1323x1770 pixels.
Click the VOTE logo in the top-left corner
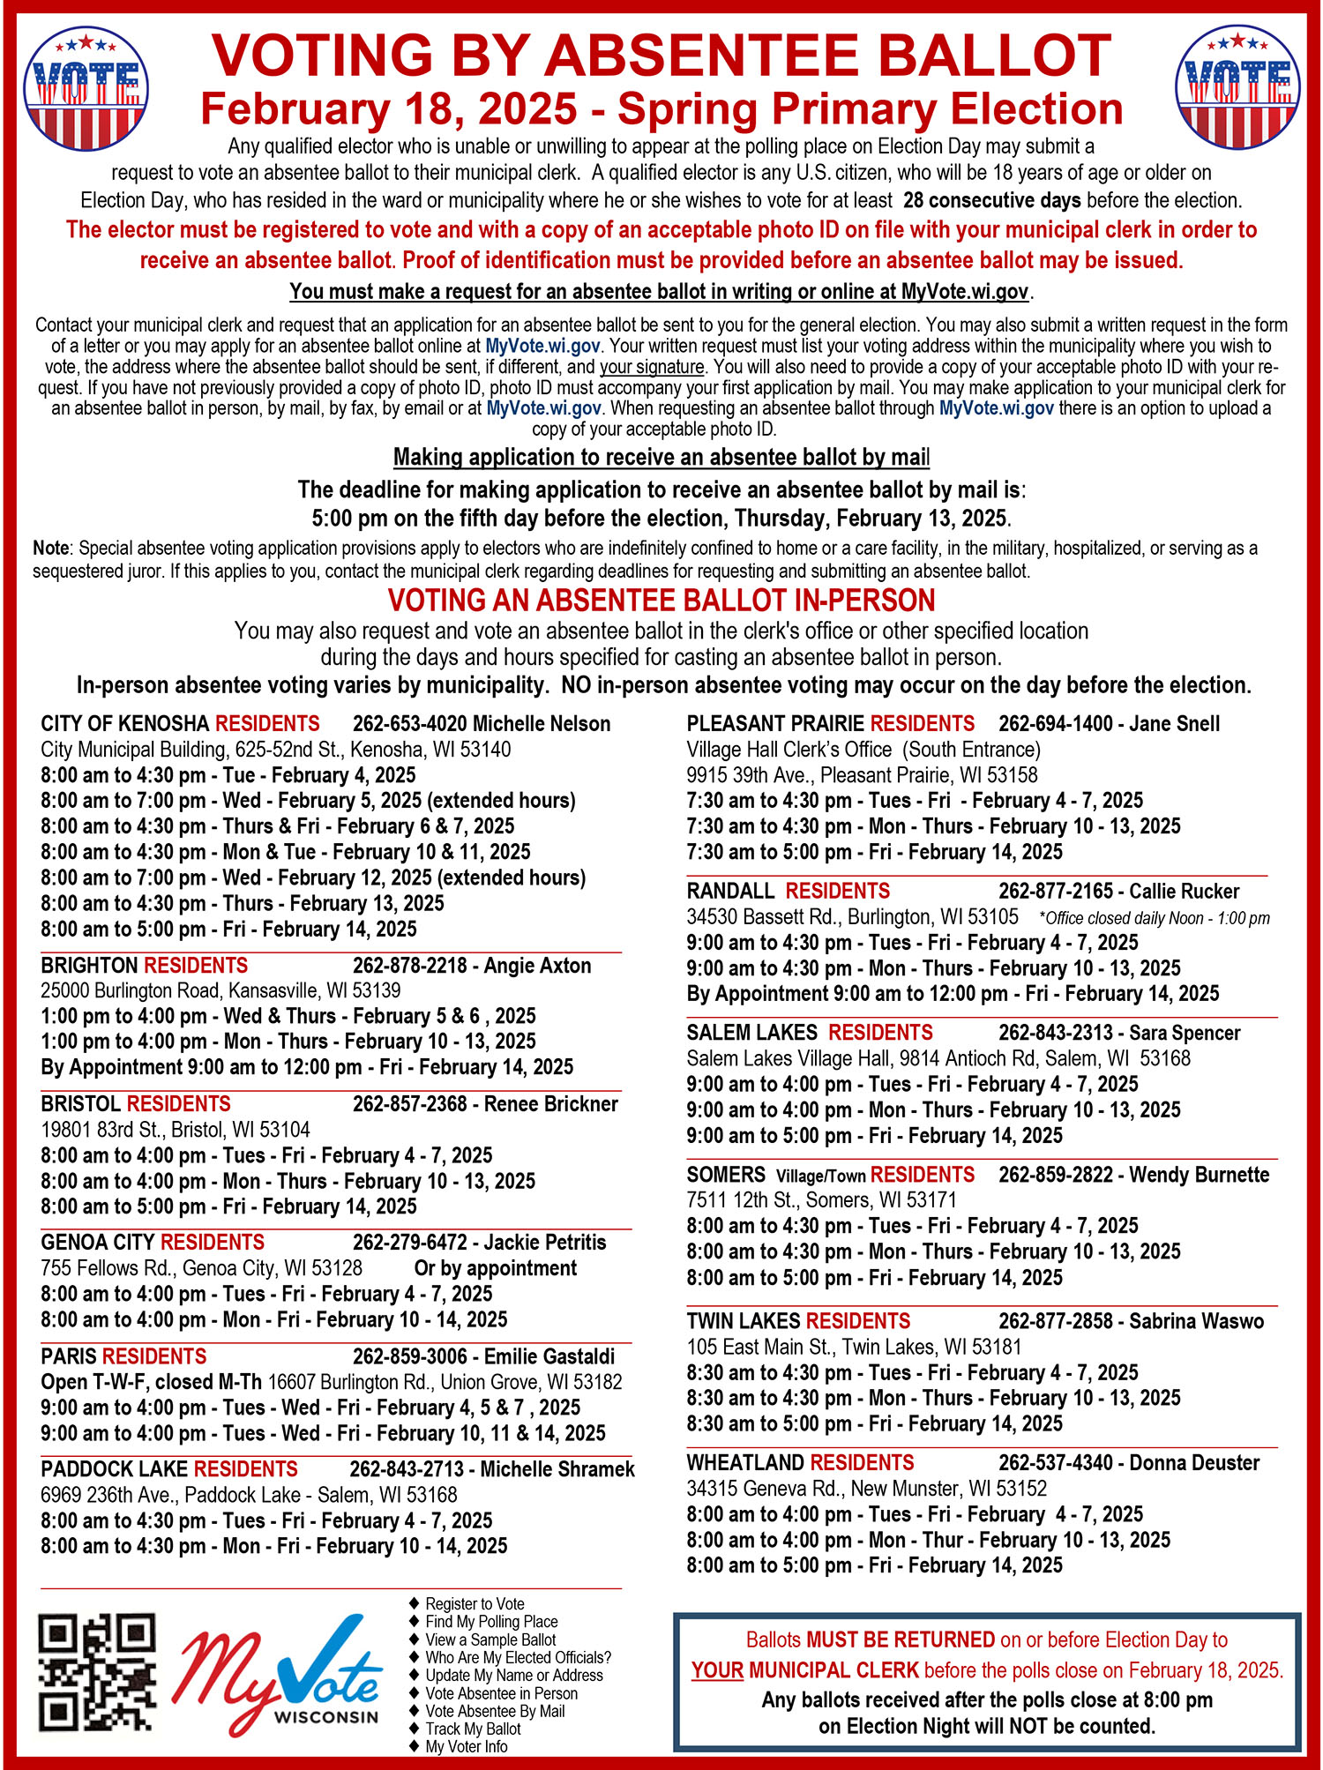86,88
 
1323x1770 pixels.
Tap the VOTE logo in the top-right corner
1237,88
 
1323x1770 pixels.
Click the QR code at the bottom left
97,1673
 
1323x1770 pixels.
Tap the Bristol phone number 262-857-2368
410,1104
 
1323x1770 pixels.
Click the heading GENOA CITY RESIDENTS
153,1243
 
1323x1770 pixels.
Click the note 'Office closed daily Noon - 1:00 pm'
1155,918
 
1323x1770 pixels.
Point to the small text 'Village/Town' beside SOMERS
820,1176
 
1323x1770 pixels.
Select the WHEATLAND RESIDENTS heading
800,1463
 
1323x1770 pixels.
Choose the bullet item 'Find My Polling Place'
491,1621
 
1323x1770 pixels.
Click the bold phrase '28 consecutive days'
992,200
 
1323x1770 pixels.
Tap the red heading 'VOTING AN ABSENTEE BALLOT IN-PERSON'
661,601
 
